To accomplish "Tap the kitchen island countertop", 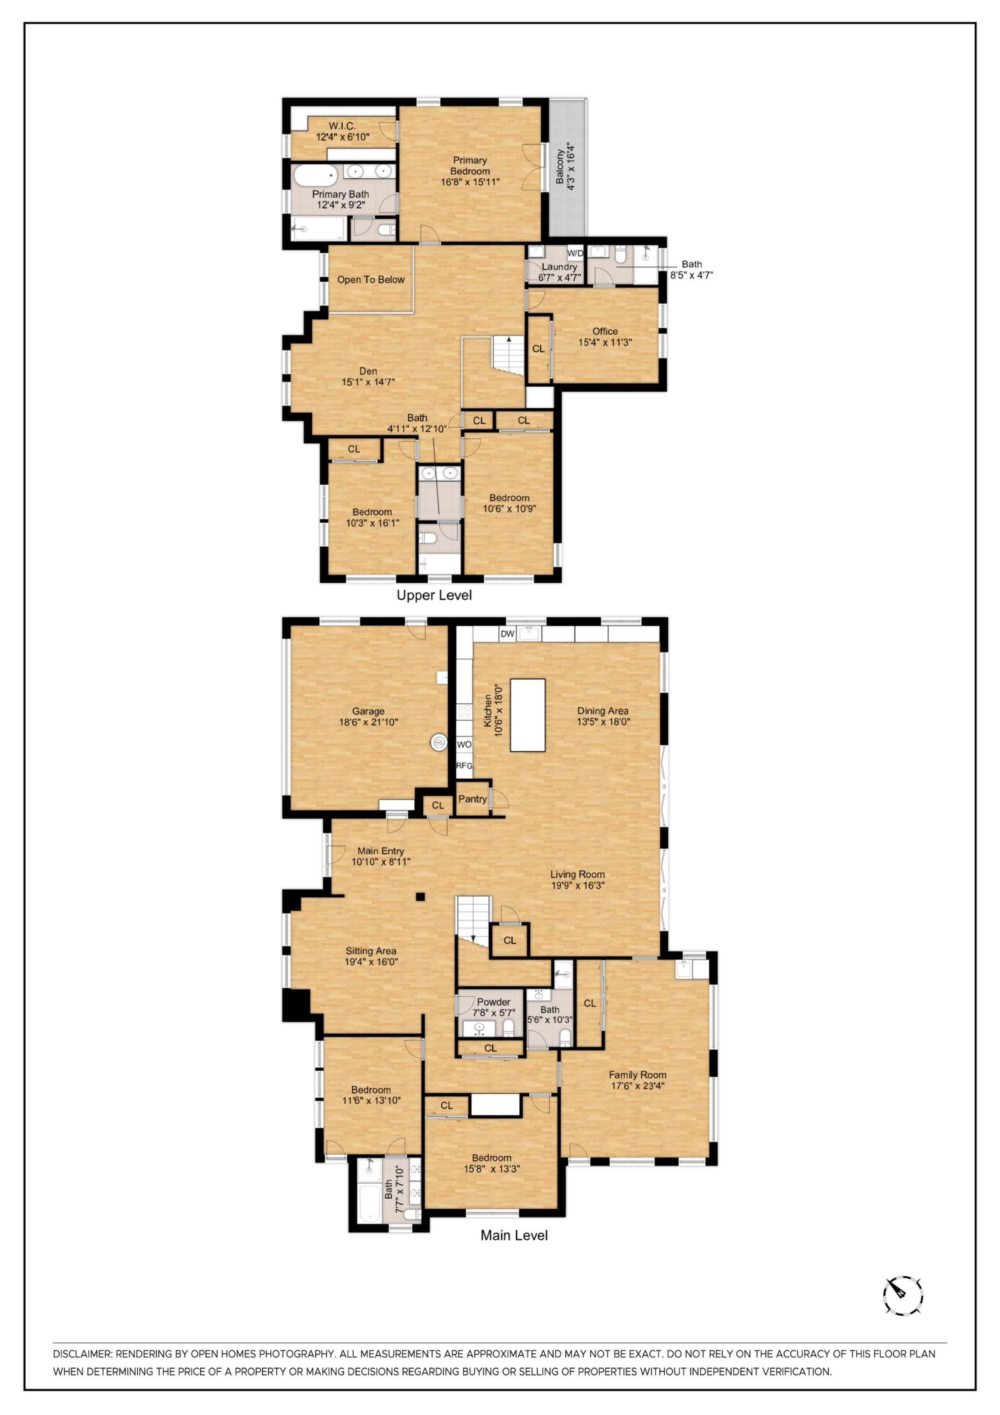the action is pyautogui.click(x=527, y=715).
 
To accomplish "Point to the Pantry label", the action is pyautogui.click(x=473, y=799).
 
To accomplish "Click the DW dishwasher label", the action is pyautogui.click(x=507, y=633).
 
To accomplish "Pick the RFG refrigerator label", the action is pyautogui.click(x=464, y=765).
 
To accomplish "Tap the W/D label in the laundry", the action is pyautogui.click(x=575, y=253).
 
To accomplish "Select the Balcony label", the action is pyautogui.click(x=559, y=167).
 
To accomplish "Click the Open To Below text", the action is pyautogui.click(x=371, y=280).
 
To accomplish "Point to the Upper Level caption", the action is pyautogui.click(x=434, y=595).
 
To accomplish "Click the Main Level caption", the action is pyautogui.click(x=514, y=1235).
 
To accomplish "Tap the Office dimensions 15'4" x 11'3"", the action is pyautogui.click(x=605, y=343).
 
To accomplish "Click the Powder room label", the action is pyautogui.click(x=494, y=1002).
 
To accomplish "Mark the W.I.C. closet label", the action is pyautogui.click(x=342, y=126).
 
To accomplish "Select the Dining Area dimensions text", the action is pyautogui.click(x=603, y=722).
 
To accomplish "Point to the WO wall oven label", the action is pyautogui.click(x=464, y=744).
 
